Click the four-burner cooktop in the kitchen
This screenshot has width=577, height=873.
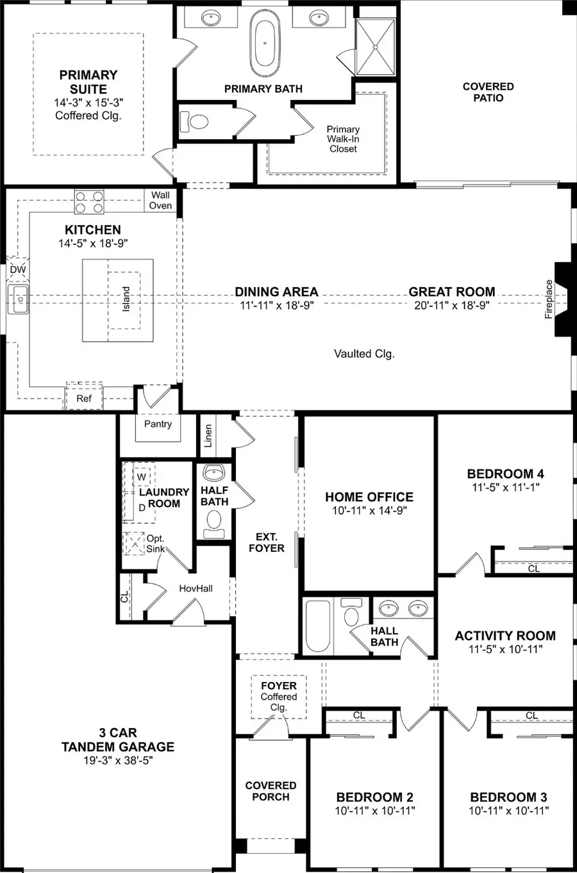tap(89, 202)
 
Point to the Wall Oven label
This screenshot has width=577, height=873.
tap(160, 200)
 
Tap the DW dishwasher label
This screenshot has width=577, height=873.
tap(18, 270)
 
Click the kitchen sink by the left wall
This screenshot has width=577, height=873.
tap(19, 299)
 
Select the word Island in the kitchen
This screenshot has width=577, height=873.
tap(126, 299)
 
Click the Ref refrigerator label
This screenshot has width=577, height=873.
tap(84, 398)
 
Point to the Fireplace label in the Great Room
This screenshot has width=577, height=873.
tap(549, 299)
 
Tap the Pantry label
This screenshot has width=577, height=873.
tap(158, 424)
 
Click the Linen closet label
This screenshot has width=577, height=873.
tap(208, 436)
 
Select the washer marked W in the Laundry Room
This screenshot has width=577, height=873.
tap(142, 478)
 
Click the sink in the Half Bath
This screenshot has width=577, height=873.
tap(214, 474)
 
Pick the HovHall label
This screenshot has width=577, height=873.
tap(196, 588)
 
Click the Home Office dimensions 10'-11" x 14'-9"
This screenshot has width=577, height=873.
tap(369, 510)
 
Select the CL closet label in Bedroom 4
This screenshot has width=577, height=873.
tap(533, 568)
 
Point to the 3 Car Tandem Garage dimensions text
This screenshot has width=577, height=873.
tap(117, 761)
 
